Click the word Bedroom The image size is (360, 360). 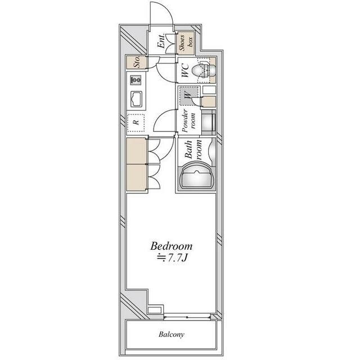[172, 246]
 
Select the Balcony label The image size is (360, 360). [171, 335]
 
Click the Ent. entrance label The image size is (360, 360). [161, 43]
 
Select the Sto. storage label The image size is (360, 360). [136, 62]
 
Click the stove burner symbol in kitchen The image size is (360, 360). [137, 78]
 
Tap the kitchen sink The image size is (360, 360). [137, 100]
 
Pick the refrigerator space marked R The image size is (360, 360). [136, 121]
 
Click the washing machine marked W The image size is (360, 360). [188, 96]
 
